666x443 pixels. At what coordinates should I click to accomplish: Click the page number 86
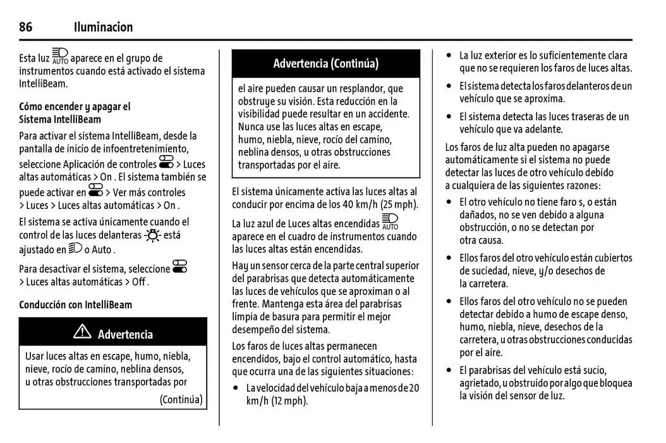pyautogui.click(x=26, y=27)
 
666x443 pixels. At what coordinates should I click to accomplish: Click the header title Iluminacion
pyautogui.click(x=103, y=27)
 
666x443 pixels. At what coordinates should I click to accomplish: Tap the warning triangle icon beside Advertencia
pyautogui.click(x=82, y=333)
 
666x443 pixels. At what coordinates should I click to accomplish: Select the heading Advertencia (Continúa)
pyautogui.click(x=325, y=63)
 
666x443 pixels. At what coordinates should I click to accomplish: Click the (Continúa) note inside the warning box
pyautogui.click(x=181, y=399)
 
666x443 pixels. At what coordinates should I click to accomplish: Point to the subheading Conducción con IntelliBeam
pyautogui.click(x=75, y=305)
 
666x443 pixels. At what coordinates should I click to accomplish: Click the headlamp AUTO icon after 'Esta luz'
pyautogui.click(x=60, y=56)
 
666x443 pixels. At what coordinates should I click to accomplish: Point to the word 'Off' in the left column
pyautogui.click(x=139, y=282)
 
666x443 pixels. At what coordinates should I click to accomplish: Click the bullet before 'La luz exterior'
pyautogui.click(x=449, y=56)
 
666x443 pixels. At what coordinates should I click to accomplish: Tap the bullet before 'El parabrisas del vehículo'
pyautogui.click(x=449, y=370)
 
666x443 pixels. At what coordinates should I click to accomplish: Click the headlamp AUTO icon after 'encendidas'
pyautogui.click(x=391, y=222)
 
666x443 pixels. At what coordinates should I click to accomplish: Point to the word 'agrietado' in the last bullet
pyautogui.click(x=479, y=383)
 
